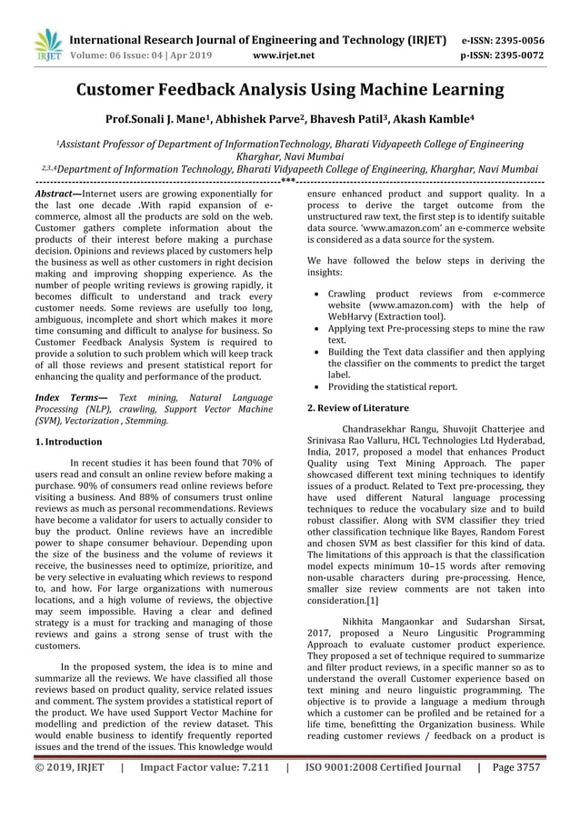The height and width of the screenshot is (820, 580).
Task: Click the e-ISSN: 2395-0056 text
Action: click(x=503, y=40)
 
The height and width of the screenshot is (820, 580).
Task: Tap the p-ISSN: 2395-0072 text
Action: click(x=503, y=55)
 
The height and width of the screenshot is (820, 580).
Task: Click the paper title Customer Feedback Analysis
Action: click(x=289, y=90)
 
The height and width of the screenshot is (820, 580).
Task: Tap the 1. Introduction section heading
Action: click(x=68, y=441)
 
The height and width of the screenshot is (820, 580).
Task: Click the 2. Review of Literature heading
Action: click(x=358, y=408)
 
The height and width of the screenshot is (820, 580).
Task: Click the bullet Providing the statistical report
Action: click(x=392, y=386)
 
